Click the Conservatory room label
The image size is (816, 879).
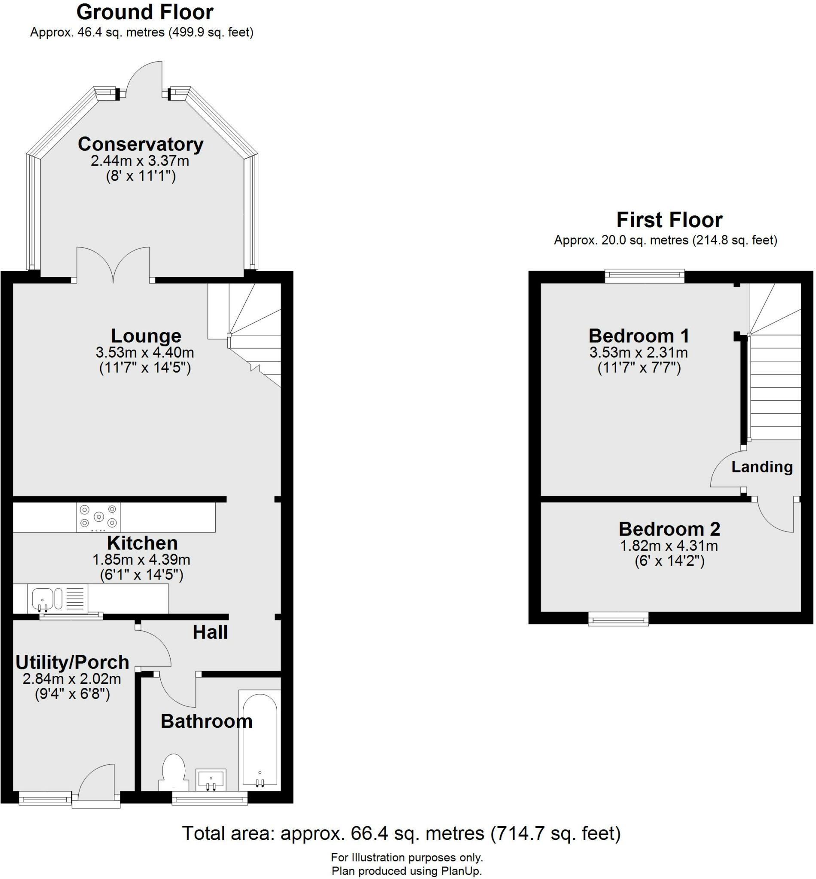point(141,144)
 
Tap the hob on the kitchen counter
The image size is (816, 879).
point(98,517)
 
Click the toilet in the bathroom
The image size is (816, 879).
point(174,772)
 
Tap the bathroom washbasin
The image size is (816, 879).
point(211,780)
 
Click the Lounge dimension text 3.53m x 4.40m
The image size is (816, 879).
point(145,352)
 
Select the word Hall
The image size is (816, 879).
point(210,633)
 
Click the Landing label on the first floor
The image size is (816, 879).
point(762,467)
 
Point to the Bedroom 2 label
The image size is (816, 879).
point(669,529)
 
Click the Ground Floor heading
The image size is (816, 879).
point(145,12)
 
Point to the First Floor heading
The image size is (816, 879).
point(669,220)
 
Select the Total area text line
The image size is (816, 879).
point(401,833)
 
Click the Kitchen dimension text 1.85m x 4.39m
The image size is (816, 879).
point(141,560)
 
